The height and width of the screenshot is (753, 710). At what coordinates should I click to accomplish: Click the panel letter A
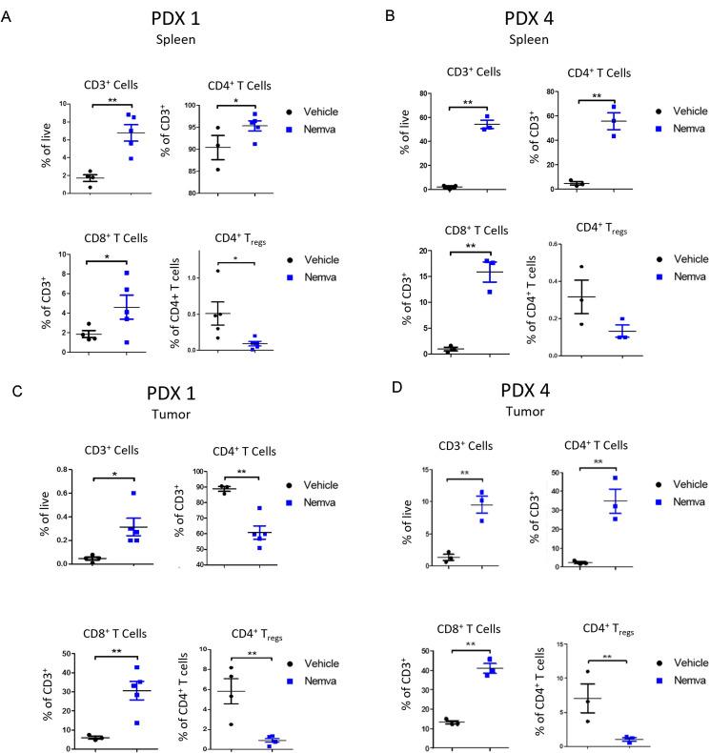click(9, 16)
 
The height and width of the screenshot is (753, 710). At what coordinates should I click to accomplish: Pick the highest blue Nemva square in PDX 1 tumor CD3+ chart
click(133, 494)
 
